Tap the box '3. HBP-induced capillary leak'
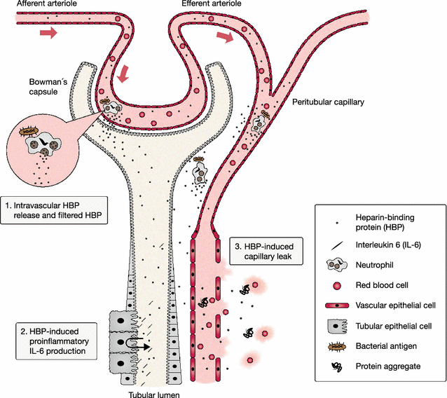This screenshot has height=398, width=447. (264, 252)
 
